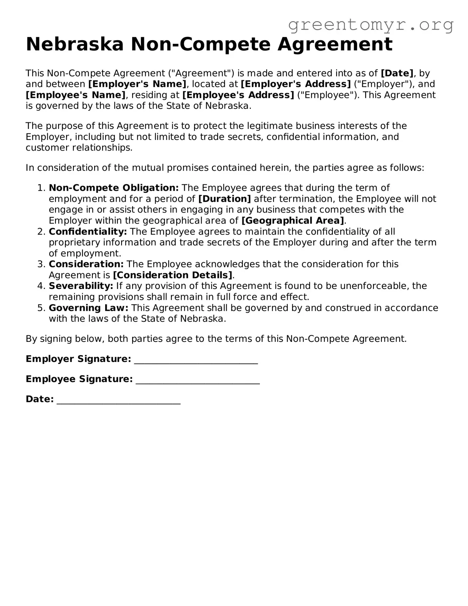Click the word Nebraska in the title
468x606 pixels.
tap(75, 44)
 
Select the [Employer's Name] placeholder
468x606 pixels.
tap(137, 84)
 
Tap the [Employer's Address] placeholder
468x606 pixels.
tap(296, 84)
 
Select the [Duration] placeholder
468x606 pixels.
tap(224, 199)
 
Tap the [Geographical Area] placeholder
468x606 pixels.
tap(293, 221)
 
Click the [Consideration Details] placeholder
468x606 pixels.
tap(173, 275)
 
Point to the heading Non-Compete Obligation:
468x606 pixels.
tap(114, 188)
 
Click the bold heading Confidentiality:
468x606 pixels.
tap(88, 232)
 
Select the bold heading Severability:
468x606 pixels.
tap(81, 286)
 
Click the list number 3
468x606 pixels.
tap(41, 264)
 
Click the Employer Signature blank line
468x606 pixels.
tap(196, 360)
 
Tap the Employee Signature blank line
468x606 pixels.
tap(197, 380)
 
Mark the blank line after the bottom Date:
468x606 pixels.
tap(119, 400)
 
